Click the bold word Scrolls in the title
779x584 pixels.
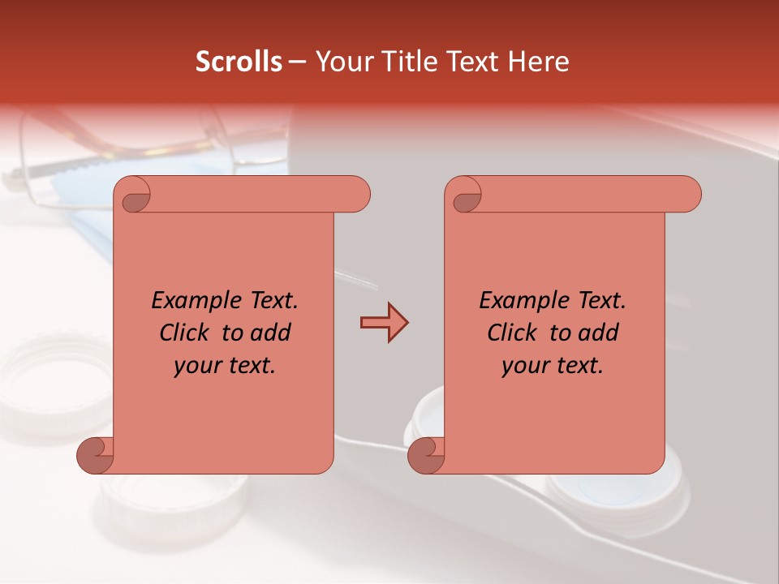tap(239, 62)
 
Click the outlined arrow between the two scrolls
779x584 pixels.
tap(384, 323)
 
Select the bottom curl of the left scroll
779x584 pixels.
tap(96, 455)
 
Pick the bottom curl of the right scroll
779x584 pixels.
tap(426, 455)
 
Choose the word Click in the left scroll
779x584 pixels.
tap(184, 333)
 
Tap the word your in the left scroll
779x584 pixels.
tap(197, 366)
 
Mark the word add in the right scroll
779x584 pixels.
tap(599, 333)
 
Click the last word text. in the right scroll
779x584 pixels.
tap(579, 366)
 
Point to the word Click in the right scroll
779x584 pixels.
tap(512, 333)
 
